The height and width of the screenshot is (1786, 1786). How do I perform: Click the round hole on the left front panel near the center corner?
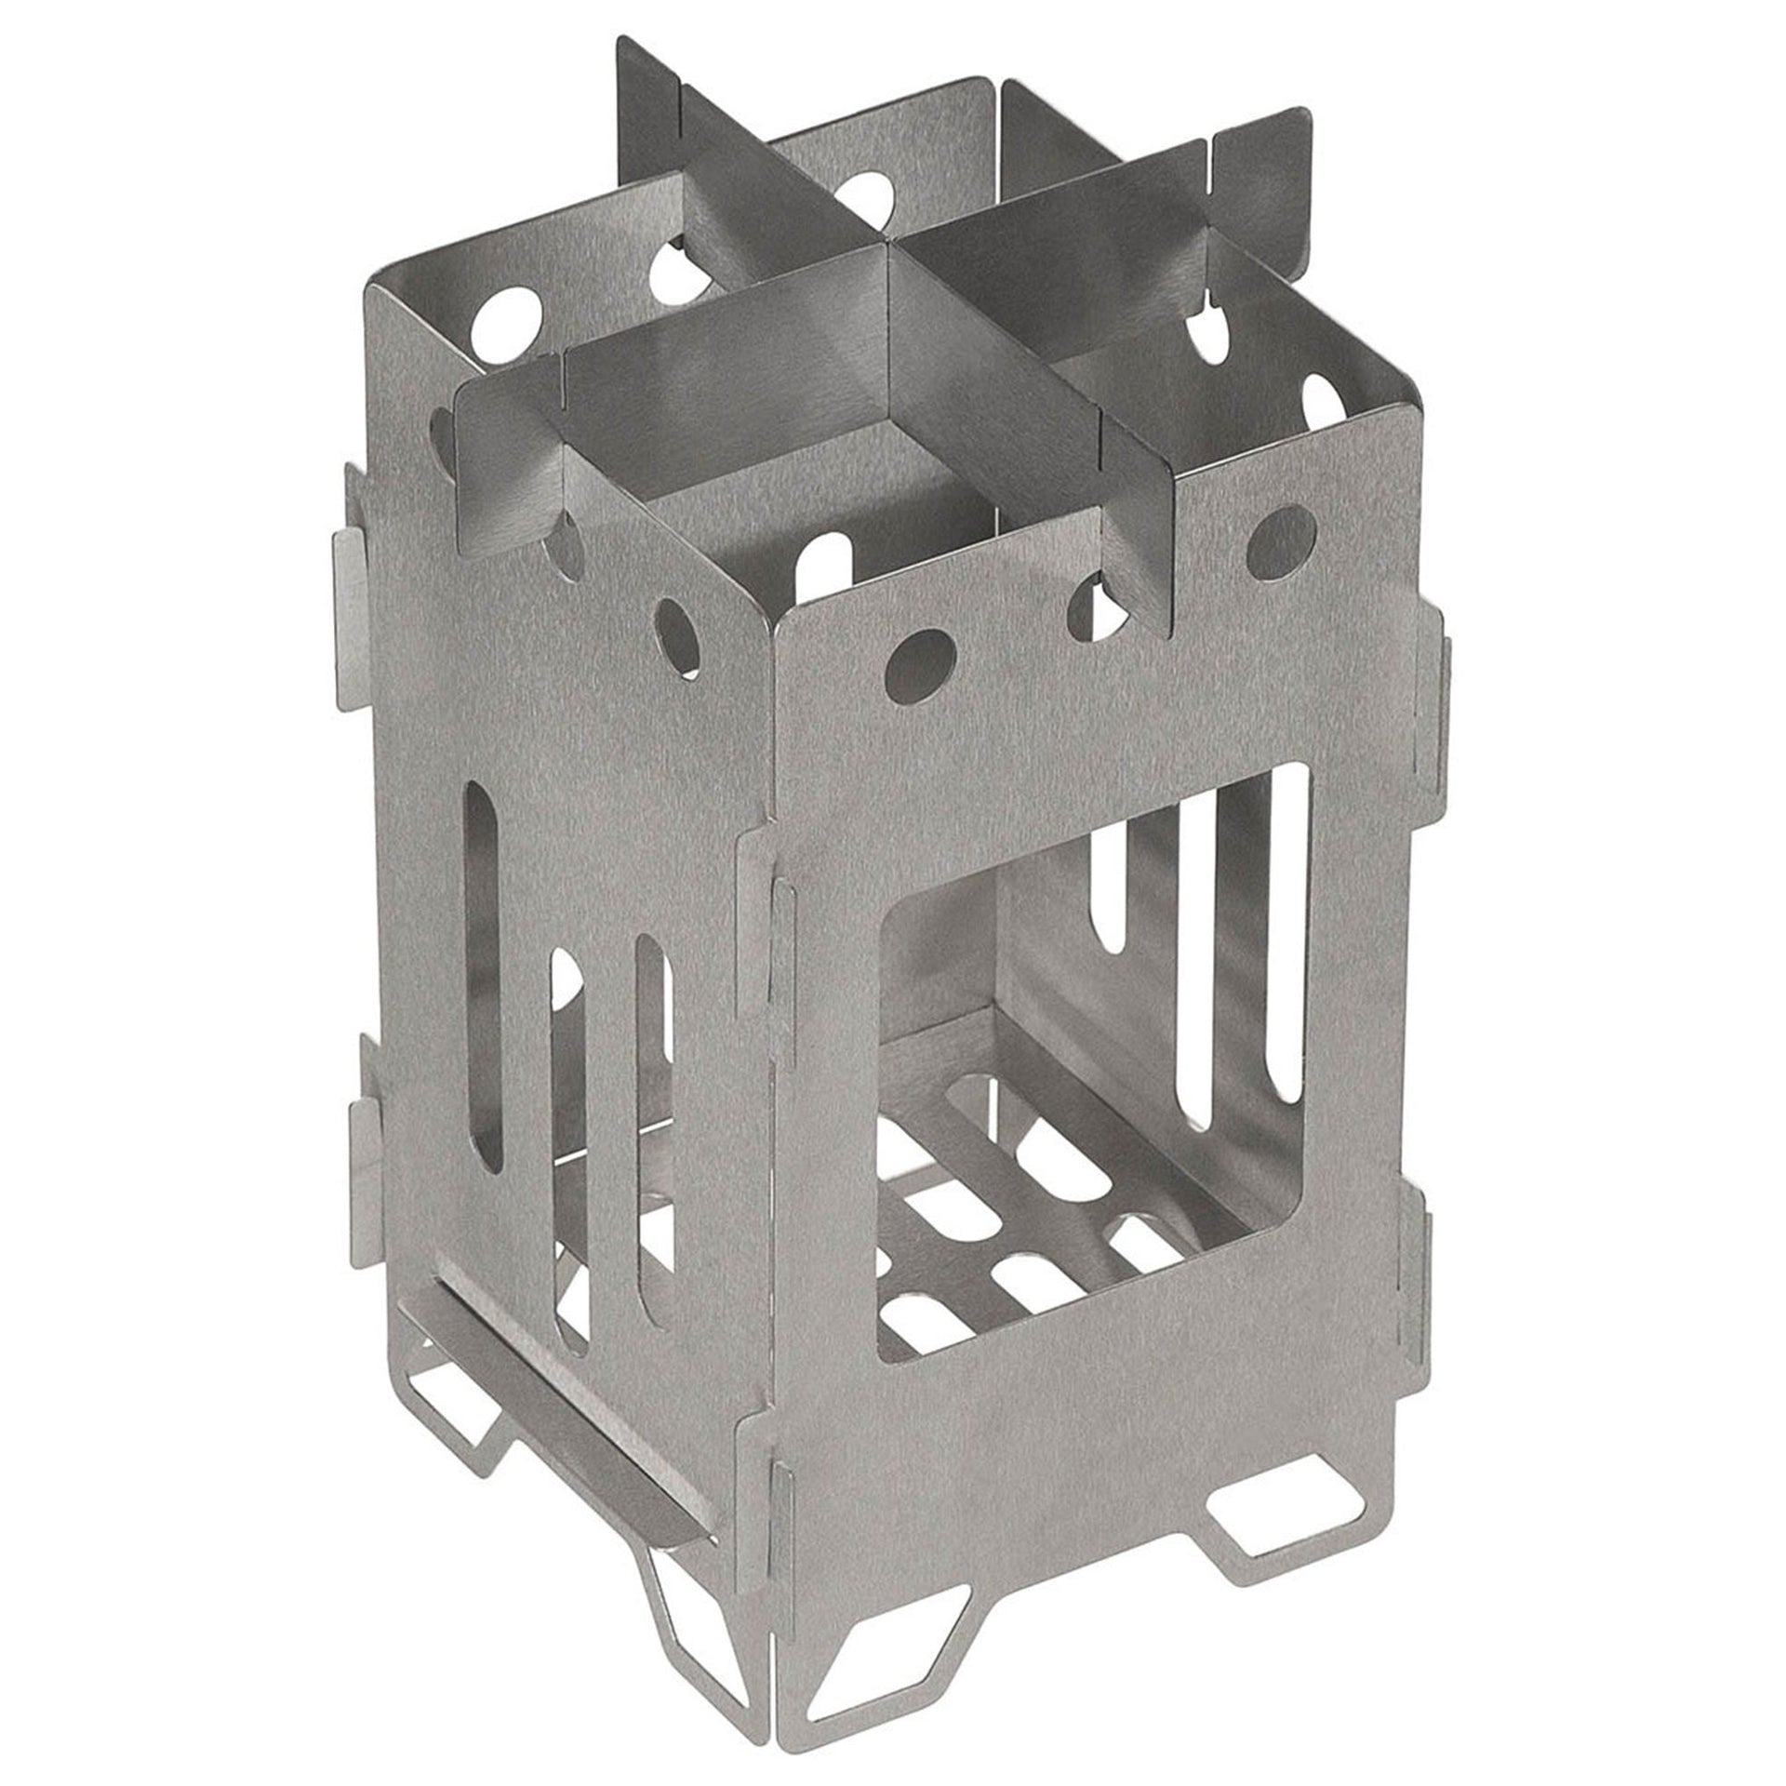click(678, 633)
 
